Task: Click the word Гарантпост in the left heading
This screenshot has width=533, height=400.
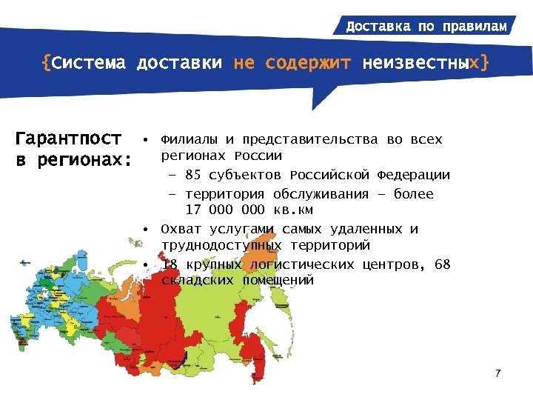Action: point(69,139)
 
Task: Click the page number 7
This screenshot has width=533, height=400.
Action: point(498,373)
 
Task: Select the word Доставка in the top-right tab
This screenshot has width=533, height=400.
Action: point(378,27)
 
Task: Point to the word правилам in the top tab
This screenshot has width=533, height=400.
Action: point(475,27)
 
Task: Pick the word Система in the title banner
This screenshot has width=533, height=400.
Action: point(90,64)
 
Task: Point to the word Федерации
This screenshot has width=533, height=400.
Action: point(413,176)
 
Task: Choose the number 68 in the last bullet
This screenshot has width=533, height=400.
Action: point(442,264)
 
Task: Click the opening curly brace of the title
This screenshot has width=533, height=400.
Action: point(46,64)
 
